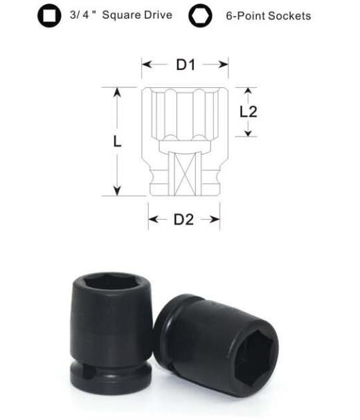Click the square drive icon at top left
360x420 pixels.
click(x=49, y=15)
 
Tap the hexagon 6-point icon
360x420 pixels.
click(x=200, y=15)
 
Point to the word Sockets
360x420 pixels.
click(x=289, y=16)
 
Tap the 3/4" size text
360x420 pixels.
click(x=82, y=15)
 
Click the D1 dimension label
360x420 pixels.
click(x=186, y=65)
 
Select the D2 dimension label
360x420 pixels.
click(x=183, y=220)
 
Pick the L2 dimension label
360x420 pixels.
click(x=248, y=112)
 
